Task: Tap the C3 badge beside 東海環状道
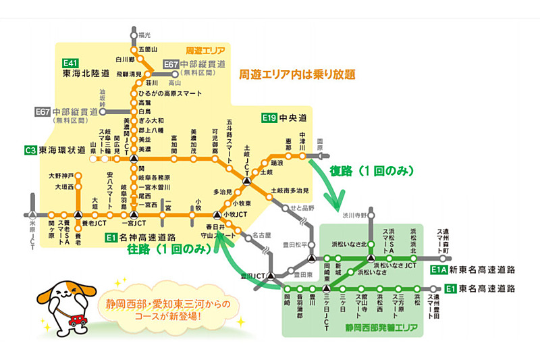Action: pyautogui.click(x=30, y=150)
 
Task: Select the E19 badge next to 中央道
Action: pyautogui.click(x=270, y=118)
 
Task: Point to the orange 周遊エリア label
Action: pyautogui.click(x=206, y=50)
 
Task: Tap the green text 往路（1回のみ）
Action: pyautogui.click(x=166, y=249)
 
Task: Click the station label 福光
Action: pyautogui.click(x=144, y=34)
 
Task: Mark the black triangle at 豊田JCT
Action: pyautogui.click(x=270, y=276)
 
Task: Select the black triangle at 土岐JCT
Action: pyautogui.click(x=247, y=181)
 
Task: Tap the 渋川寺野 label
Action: pyautogui.click(x=356, y=215)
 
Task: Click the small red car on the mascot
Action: pyautogui.click(x=74, y=317)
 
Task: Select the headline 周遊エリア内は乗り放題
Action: pyautogui.click(x=297, y=74)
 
